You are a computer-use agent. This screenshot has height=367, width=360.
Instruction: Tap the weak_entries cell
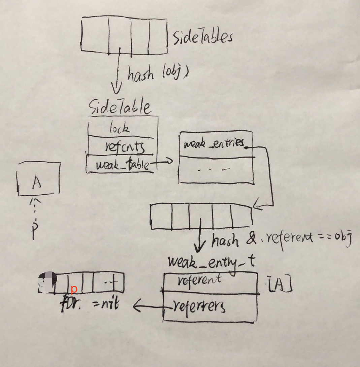(214, 144)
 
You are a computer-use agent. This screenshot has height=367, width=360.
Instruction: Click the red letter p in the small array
(74, 289)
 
